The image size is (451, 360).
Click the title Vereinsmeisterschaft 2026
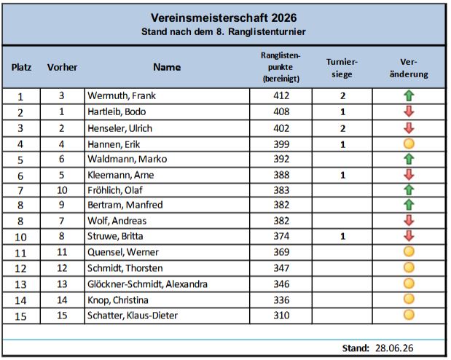(224, 17)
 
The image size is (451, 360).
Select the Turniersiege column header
(342, 68)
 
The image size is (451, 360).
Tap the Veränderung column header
(409, 68)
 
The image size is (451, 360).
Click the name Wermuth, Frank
(122, 95)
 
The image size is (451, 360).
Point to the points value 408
(281, 111)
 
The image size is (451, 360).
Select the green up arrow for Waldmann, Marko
(409, 159)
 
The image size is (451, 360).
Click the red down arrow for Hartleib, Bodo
(409, 111)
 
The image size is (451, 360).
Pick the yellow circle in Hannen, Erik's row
(409, 144)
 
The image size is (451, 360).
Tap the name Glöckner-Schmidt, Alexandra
(147, 284)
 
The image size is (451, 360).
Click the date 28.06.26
(394, 348)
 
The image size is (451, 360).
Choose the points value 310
(281, 316)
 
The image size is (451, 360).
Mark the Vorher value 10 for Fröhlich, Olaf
(62, 190)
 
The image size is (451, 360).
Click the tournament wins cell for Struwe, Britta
(342, 236)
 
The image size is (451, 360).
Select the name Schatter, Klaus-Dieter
(133, 316)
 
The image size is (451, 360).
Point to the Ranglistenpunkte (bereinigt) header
(281, 67)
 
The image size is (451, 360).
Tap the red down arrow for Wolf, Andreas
(409, 220)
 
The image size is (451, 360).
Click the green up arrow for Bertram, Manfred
(409, 205)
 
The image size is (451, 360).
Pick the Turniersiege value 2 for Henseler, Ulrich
(342, 128)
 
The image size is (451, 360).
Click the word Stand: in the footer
(356, 348)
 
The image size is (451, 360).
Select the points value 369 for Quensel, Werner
(281, 252)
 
